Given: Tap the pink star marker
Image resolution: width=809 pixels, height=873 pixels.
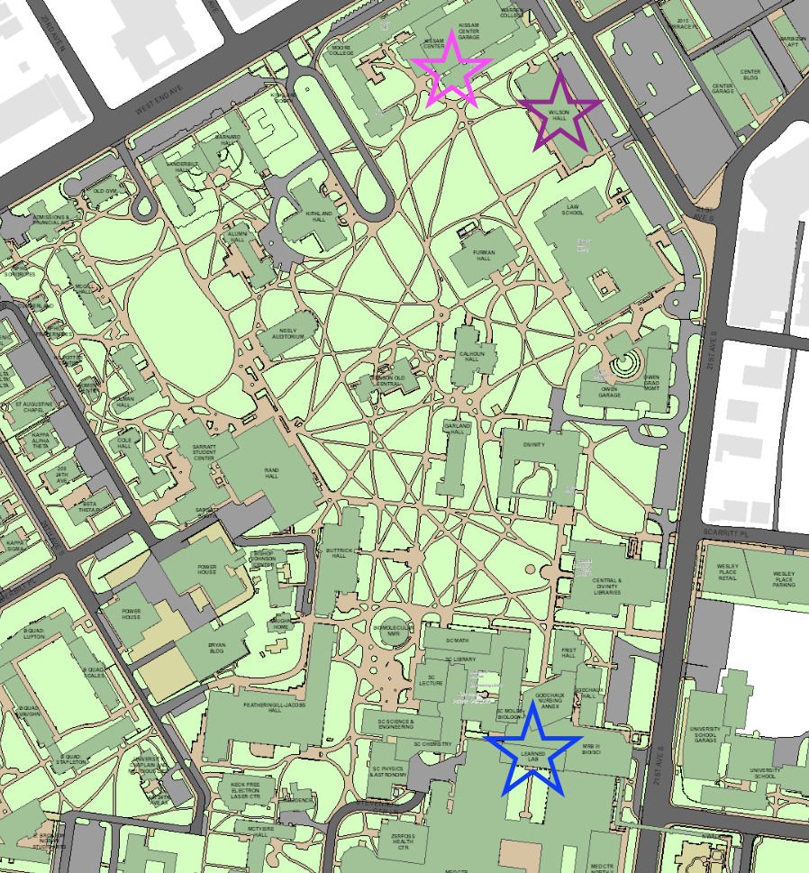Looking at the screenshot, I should [x=451, y=72].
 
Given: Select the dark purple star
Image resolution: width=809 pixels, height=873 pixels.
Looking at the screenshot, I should [x=560, y=113].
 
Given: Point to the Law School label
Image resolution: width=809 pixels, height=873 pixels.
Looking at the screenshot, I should [x=573, y=209].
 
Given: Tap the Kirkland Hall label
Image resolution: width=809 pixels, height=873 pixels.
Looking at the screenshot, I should [x=320, y=217].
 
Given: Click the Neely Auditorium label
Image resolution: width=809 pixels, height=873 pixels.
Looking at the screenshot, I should [x=287, y=333].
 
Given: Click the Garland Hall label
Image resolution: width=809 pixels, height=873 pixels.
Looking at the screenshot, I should [x=459, y=429].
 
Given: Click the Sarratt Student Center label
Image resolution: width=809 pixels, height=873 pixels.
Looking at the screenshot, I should [x=205, y=453].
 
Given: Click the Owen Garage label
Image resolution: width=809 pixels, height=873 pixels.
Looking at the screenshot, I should [x=613, y=393].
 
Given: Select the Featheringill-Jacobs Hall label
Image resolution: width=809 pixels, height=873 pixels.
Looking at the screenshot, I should [x=276, y=705].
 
